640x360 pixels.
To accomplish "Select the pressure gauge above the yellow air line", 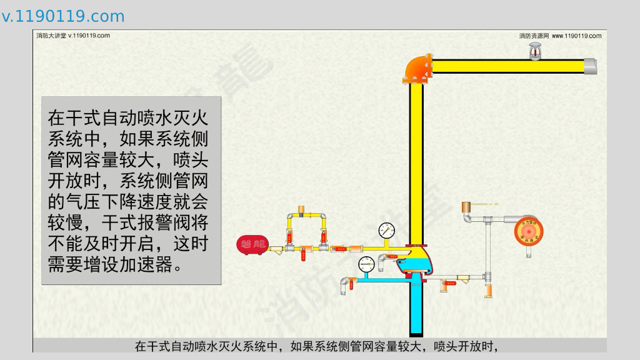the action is (386, 231).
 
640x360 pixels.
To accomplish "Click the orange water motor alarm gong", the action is (529, 231).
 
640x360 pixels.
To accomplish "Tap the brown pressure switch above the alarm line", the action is (466, 207).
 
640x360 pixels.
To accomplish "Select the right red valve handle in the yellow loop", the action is (323, 236).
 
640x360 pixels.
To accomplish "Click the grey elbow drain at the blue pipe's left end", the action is (344, 286).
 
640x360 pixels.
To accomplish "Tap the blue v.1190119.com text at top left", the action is (63, 16).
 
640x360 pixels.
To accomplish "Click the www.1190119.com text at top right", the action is (576, 36).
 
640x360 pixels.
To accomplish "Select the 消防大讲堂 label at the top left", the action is (51, 36).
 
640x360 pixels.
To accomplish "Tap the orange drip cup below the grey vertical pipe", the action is (489, 291).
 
